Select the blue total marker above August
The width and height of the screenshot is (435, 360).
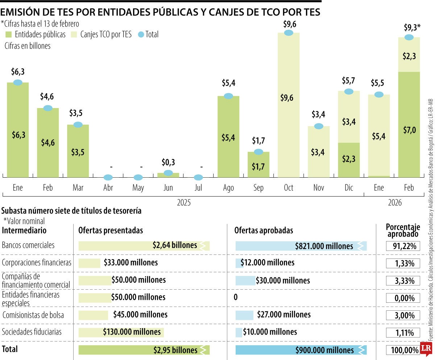pyautogui.click(x=228, y=96)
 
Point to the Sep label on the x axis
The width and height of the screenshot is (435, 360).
pyautogui.click(x=258, y=188)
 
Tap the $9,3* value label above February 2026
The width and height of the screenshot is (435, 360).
pyautogui.click(x=412, y=28)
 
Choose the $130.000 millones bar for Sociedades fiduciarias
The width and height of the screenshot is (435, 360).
pyautogui.click(x=121, y=332)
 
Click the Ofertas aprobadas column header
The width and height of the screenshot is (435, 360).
pyautogui.click(x=264, y=231)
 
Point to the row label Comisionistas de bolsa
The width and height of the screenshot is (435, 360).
pyautogui.click(x=33, y=315)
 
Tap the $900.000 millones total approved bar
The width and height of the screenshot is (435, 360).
pyautogui.click(x=301, y=350)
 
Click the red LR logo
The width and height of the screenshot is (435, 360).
pyautogui.click(x=426, y=348)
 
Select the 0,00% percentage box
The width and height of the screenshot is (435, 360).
pyautogui.click(x=403, y=298)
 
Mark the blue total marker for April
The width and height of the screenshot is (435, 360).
pyautogui.click(x=108, y=178)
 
